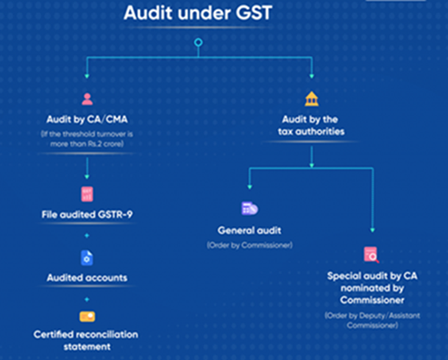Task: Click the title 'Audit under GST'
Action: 196,14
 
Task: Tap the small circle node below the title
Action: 196,43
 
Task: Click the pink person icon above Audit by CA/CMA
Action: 88,99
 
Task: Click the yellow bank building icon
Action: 312,99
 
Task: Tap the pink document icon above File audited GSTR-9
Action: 88,194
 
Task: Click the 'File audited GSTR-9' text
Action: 88,215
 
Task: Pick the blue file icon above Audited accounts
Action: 88,258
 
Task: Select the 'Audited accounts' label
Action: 88,278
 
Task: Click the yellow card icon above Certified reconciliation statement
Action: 88,318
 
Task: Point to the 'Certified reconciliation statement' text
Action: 88,340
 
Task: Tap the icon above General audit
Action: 249,209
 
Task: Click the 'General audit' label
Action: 249,230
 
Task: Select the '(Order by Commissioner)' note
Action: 249,244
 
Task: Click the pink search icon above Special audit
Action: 371,255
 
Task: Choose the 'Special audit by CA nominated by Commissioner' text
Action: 371,289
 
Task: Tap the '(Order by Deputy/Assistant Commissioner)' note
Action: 371,320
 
